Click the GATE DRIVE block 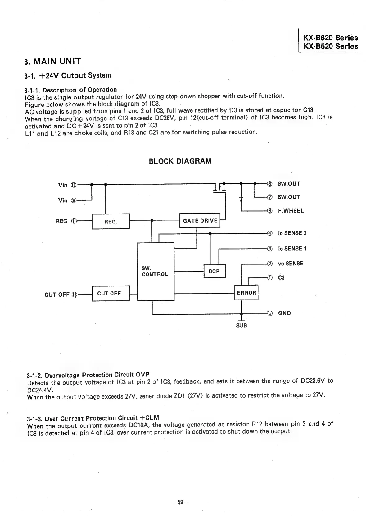pyautogui.click(x=200, y=221)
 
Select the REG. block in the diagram pyautogui.click(x=111, y=222)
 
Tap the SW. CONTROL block pyautogui.click(x=155, y=272)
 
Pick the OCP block pyautogui.click(x=214, y=271)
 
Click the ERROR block pyautogui.click(x=246, y=293)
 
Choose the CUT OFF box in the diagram pyautogui.click(x=111, y=294)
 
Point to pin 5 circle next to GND pyautogui.click(x=270, y=313)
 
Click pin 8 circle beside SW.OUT pyautogui.click(x=270, y=184)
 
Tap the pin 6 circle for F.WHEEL pyautogui.click(x=270, y=211)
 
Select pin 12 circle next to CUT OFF pyautogui.click(x=74, y=295)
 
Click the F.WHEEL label pyautogui.click(x=291, y=211)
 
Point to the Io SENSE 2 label pyautogui.click(x=292, y=233)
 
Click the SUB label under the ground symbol pyautogui.click(x=242, y=326)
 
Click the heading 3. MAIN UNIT pyautogui.click(x=53, y=61)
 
